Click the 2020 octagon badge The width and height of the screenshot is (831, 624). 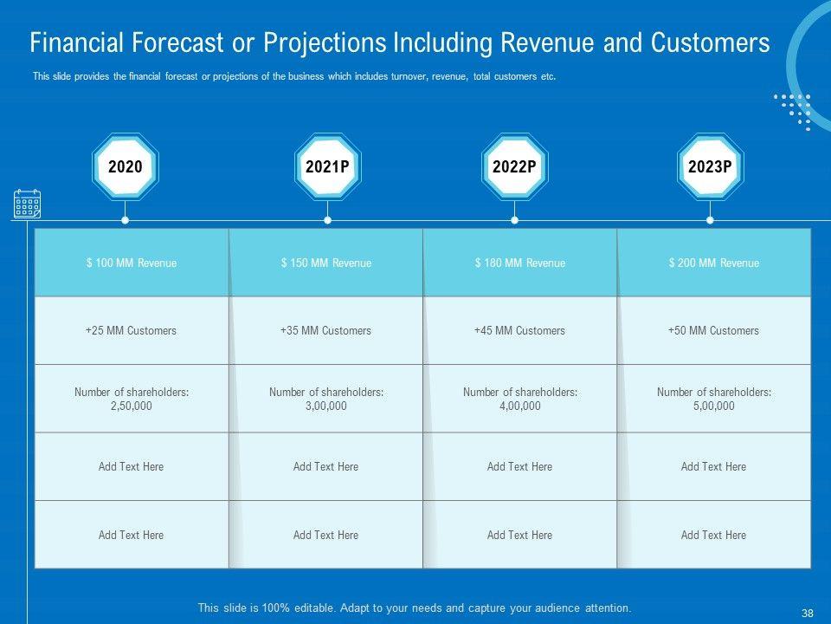[x=126, y=167]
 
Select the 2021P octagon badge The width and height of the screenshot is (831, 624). [x=327, y=167]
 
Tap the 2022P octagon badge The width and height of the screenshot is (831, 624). [x=514, y=167]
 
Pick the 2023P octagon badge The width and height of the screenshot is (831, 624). [x=710, y=167]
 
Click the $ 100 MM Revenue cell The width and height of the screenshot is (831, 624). [x=132, y=263]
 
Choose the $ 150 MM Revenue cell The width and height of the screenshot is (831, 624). [x=325, y=263]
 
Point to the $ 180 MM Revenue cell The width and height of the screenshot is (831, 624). [x=519, y=263]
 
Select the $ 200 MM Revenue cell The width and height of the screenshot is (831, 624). [x=713, y=263]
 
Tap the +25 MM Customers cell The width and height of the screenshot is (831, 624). [x=132, y=330]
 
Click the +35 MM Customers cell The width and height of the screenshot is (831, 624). [x=325, y=330]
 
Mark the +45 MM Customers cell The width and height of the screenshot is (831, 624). [x=519, y=330]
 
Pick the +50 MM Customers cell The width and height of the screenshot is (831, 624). [x=713, y=330]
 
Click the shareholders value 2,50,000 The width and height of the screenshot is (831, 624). [x=132, y=406]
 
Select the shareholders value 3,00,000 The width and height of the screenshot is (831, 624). [x=325, y=406]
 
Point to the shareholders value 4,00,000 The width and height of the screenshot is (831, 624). [x=519, y=406]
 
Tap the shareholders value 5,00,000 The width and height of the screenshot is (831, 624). [x=713, y=406]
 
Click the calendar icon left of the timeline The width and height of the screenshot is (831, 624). [x=27, y=205]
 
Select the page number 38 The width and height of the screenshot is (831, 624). [x=808, y=613]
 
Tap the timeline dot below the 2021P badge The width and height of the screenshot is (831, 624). [x=327, y=220]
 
